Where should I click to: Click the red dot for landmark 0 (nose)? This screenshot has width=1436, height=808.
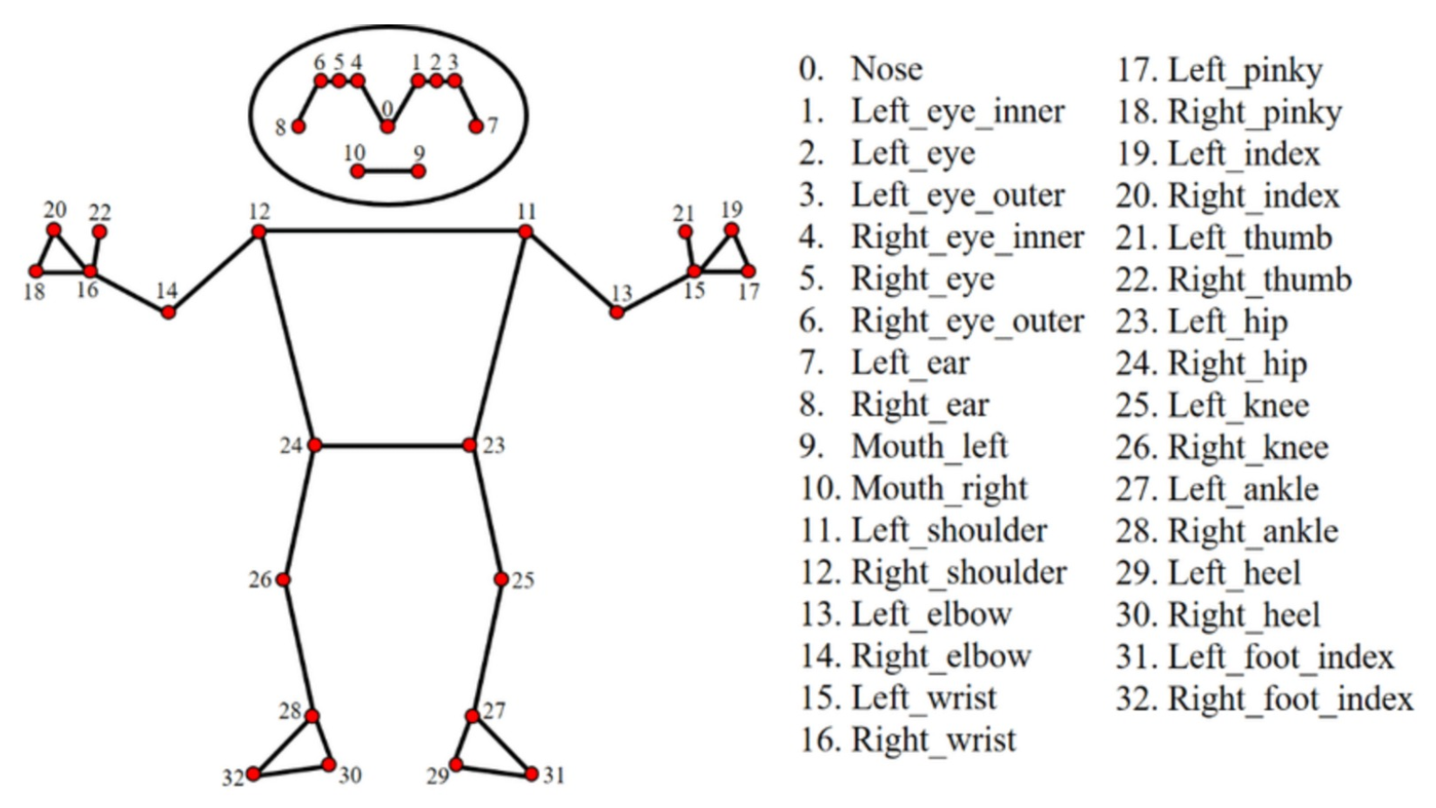pos(387,126)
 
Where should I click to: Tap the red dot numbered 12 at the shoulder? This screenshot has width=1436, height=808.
pos(258,232)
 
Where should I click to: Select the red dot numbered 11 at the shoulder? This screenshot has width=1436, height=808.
pos(525,232)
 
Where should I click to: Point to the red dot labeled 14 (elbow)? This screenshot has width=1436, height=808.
pos(168,312)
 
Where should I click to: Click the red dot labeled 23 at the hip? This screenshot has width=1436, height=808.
pos(470,445)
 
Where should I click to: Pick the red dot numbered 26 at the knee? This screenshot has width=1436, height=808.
pos(283,579)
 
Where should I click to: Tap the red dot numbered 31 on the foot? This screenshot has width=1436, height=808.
pos(532,773)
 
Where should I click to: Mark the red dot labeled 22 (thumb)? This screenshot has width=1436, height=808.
pos(99,232)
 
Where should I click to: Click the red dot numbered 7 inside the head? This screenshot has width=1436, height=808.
pos(476,126)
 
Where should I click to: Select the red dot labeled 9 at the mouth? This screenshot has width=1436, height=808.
pos(419,171)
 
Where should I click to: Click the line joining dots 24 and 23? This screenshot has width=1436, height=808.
pos(392,445)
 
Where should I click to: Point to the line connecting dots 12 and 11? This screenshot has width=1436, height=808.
pos(392,232)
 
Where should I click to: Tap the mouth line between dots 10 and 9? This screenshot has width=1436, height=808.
pos(388,171)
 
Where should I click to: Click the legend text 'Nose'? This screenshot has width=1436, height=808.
pos(887,69)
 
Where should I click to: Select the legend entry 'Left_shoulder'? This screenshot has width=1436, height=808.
pos(950,530)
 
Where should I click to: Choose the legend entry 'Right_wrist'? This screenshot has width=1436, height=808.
pos(934,740)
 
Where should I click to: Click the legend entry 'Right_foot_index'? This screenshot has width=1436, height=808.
pos(1290,698)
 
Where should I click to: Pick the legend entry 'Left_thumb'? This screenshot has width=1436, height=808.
pos(1250,238)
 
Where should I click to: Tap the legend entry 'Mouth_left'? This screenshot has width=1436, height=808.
pos(929,447)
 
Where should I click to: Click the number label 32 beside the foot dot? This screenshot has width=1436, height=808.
pos(232,778)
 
